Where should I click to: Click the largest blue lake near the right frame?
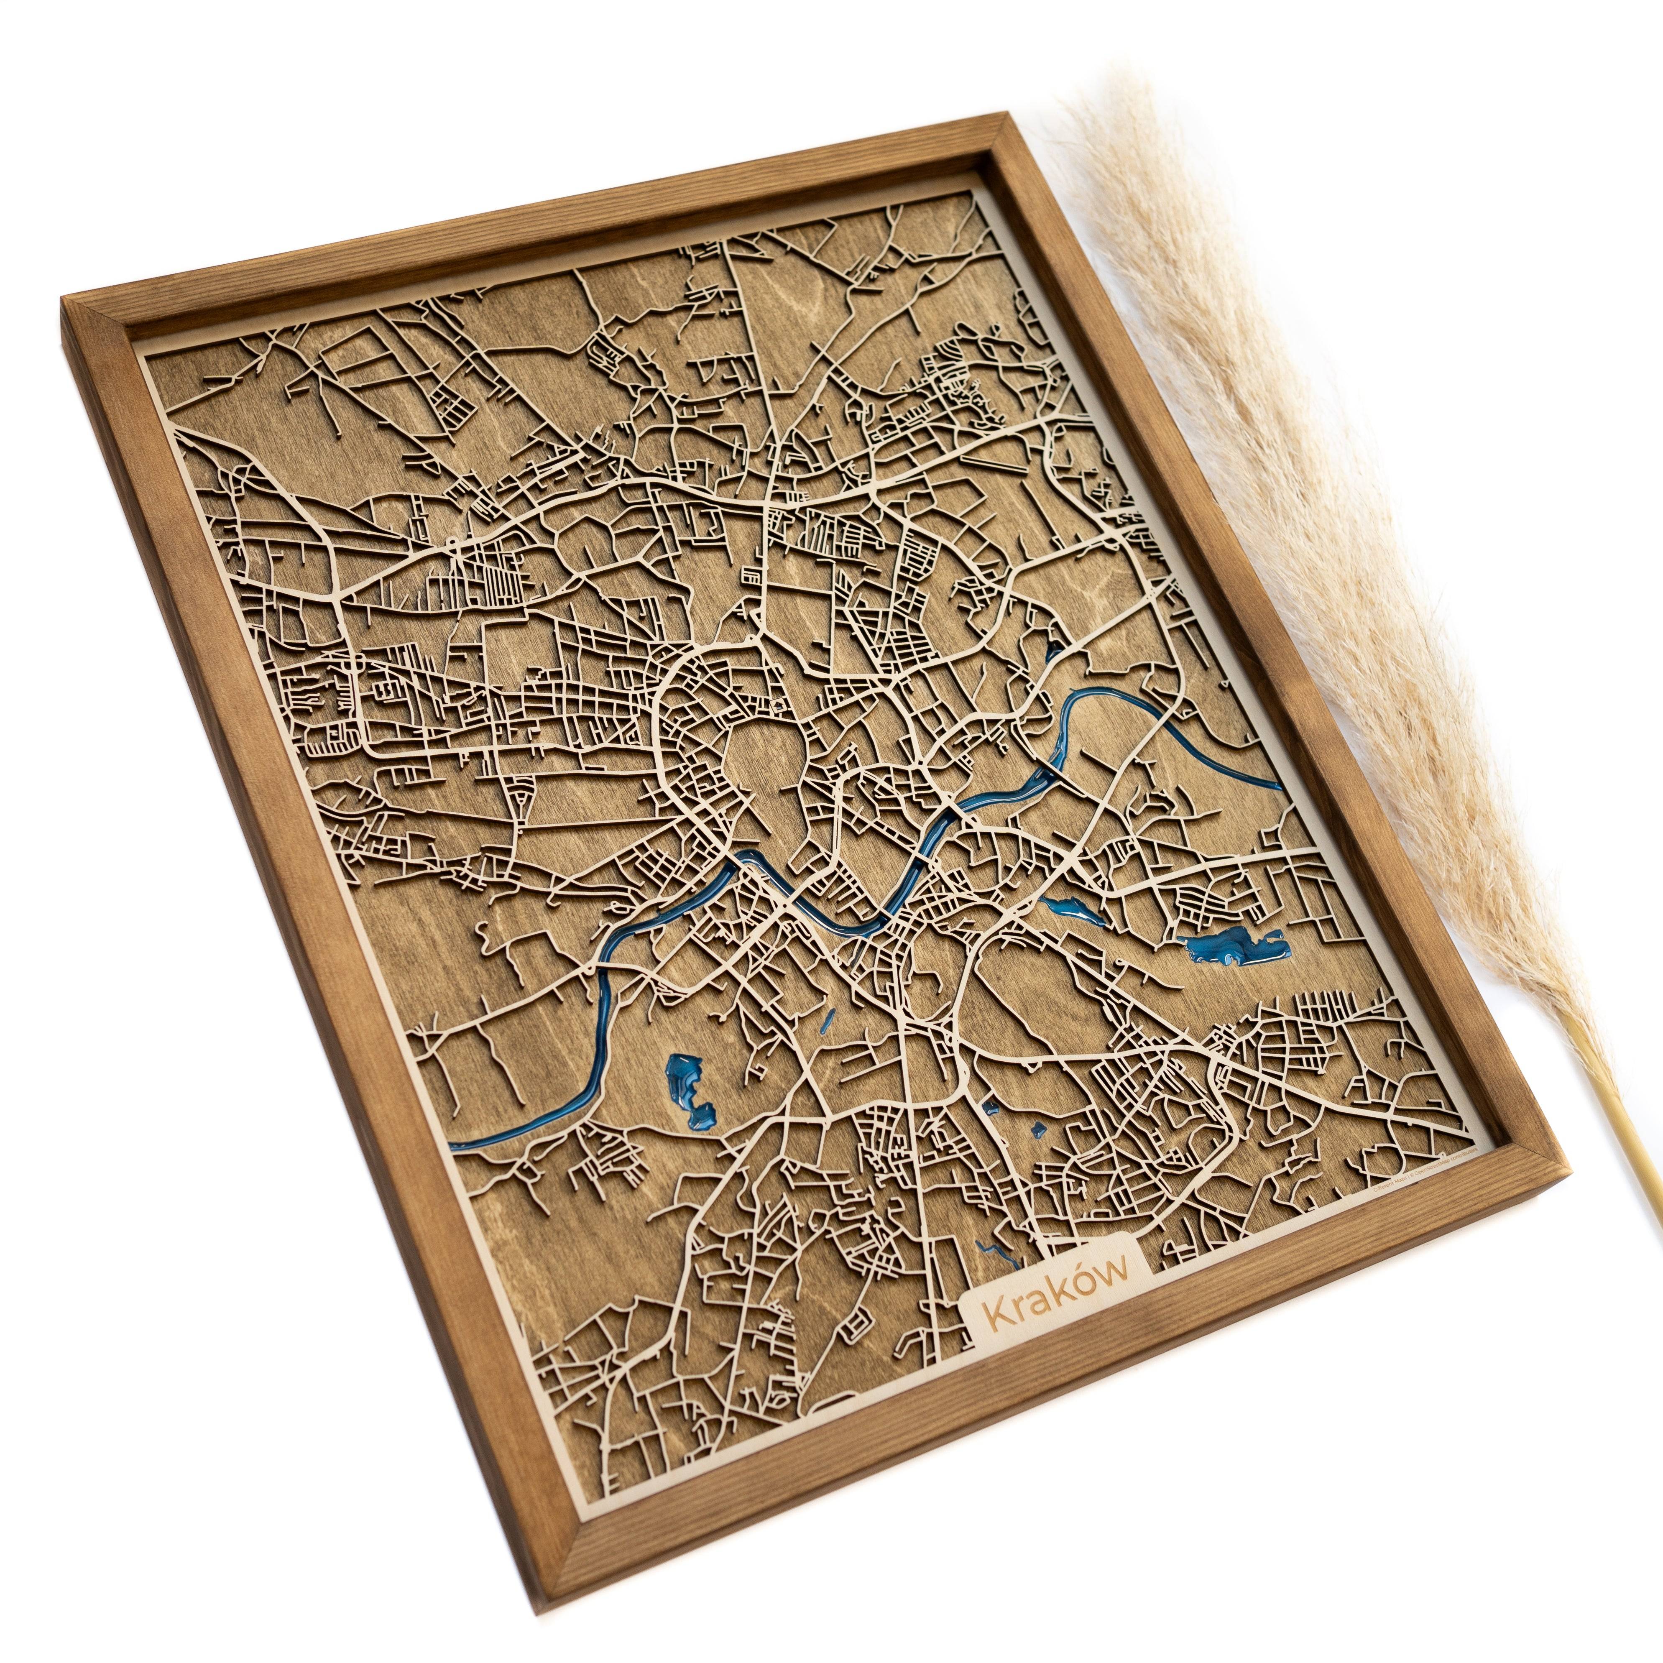[x=1235, y=948]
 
